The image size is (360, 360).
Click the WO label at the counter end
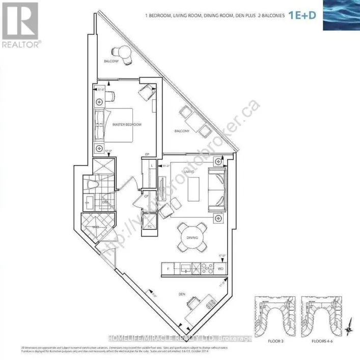[x=220, y=267]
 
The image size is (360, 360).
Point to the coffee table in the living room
[x=192, y=190]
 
